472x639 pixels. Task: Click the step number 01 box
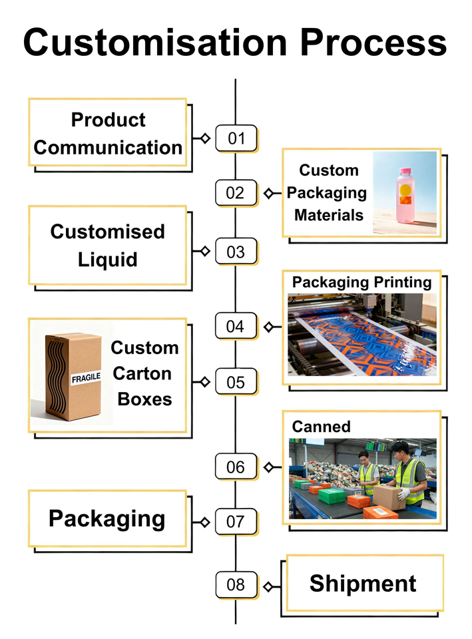tap(236, 138)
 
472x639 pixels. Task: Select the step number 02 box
tap(236, 193)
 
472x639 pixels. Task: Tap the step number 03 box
tap(236, 252)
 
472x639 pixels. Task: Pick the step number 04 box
tap(236, 326)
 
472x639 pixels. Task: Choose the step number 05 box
tap(236, 382)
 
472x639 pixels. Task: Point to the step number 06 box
tap(236, 467)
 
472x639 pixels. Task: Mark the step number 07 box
tap(236, 521)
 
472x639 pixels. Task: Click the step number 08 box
tap(236, 585)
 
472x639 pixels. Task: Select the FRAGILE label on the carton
tap(86, 378)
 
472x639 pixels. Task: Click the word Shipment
tap(363, 584)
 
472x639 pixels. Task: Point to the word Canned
tap(322, 427)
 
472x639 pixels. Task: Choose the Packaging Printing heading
tap(361, 282)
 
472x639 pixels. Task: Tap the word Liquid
tap(107, 259)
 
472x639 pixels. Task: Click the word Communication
tap(108, 147)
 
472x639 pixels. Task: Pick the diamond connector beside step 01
tap(205, 138)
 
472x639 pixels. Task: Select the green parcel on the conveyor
tap(331, 495)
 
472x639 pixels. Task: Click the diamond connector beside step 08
tap(268, 586)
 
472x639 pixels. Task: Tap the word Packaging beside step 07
tap(107, 519)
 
